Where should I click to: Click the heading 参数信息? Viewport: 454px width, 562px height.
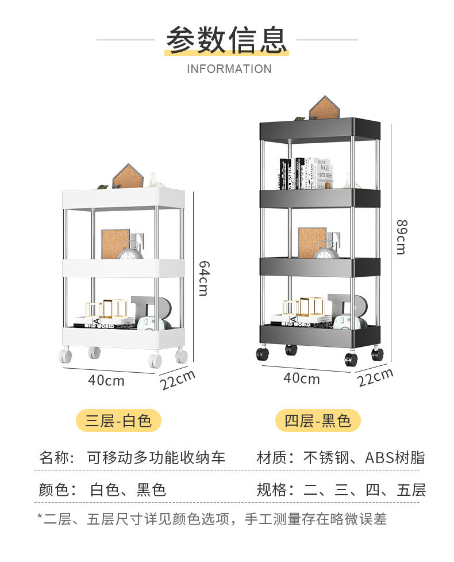(226, 40)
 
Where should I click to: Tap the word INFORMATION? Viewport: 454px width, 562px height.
(229, 69)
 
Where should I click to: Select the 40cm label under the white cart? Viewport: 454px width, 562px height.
(106, 380)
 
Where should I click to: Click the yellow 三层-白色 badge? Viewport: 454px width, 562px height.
(118, 420)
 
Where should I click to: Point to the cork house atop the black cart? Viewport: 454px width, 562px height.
(325, 108)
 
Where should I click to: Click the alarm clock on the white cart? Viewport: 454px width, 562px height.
(130, 250)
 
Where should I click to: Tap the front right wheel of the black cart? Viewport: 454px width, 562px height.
(351, 360)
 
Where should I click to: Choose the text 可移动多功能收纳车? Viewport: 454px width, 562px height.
(156, 458)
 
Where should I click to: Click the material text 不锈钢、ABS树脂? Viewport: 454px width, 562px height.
(364, 458)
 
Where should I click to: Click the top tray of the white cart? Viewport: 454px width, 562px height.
(124, 198)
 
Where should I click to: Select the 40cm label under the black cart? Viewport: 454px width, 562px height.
(302, 379)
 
